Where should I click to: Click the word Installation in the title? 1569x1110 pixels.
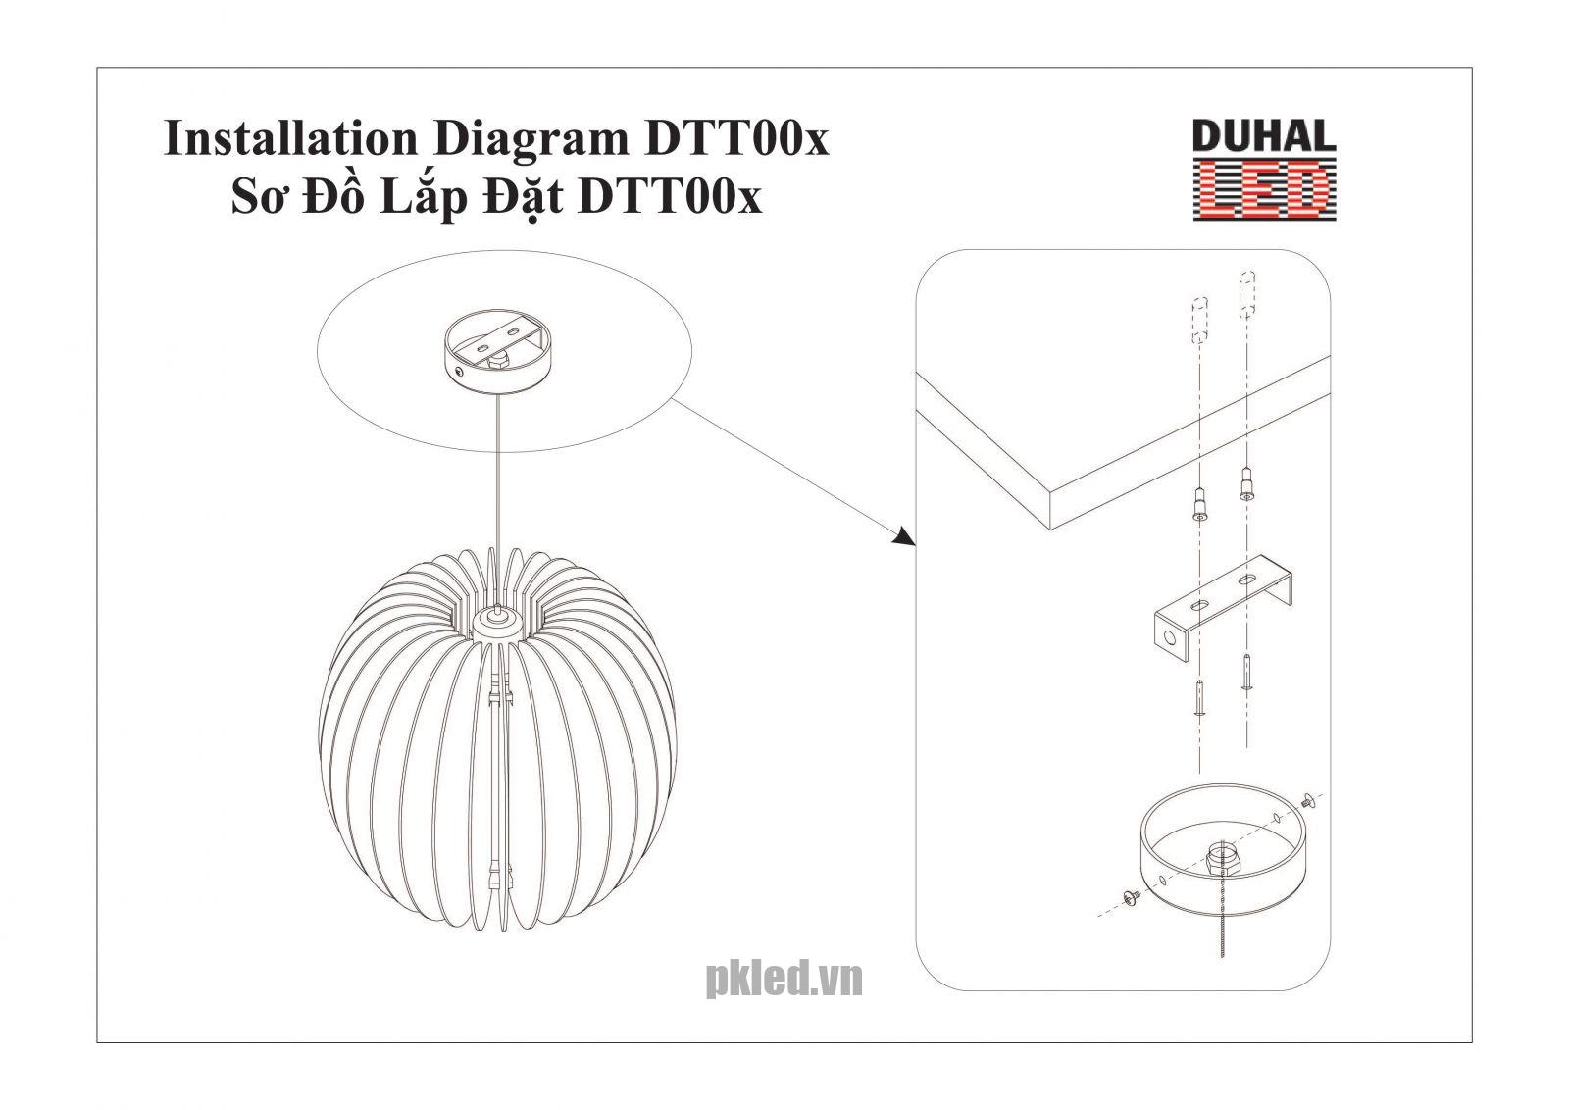(x=288, y=138)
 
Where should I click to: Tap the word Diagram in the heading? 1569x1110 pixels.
(x=526, y=138)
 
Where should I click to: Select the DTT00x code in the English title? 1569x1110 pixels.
(x=735, y=138)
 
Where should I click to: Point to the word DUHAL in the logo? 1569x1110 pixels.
(x=1263, y=137)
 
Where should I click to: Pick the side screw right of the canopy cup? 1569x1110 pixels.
(x=1308, y=803)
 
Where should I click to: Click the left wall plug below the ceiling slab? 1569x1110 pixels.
(x=1199, y=505)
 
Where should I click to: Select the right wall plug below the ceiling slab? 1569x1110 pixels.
(x=1246, y=484)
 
